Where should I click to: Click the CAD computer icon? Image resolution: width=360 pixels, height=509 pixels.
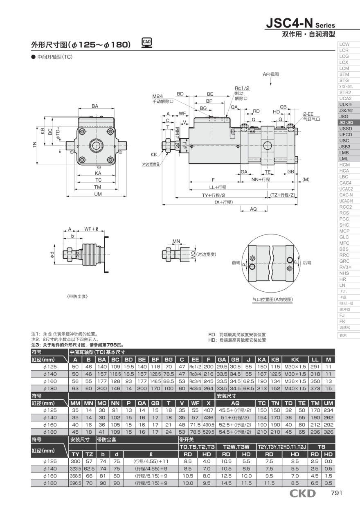[x=147, y=43]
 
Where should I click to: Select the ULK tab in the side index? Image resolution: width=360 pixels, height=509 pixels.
[x=345, y=104]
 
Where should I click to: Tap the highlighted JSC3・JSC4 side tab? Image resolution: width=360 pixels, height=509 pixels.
[x=345, y=122]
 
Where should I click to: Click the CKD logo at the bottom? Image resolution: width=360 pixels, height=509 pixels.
[x=302, y=493]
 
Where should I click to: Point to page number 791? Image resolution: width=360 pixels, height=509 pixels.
[x=336, y=493]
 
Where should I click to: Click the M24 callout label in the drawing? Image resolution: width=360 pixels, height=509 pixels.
[x=157, y=96]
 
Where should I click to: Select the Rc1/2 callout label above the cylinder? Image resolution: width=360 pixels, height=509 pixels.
[x=242, y=88]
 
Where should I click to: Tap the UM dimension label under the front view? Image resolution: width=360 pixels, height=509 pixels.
[x=98, y=194]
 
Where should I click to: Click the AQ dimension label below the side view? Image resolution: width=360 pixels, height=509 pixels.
[x=253, y=209]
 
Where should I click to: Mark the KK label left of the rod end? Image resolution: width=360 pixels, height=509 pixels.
[x=154, y=155]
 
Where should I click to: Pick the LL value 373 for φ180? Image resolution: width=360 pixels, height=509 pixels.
[x=315, y=388]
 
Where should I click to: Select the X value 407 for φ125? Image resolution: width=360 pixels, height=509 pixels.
[x=209, y=410]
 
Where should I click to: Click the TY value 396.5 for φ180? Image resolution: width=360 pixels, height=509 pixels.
[x=75, y=483]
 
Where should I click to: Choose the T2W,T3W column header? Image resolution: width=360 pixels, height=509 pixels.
[x=236, y=447]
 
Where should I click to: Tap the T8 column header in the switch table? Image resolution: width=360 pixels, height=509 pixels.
[x=322, y=447]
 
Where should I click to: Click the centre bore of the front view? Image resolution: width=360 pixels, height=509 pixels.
[x=98, y=146]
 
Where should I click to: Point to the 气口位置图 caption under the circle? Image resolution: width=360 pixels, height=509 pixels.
[x=272, y=300]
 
